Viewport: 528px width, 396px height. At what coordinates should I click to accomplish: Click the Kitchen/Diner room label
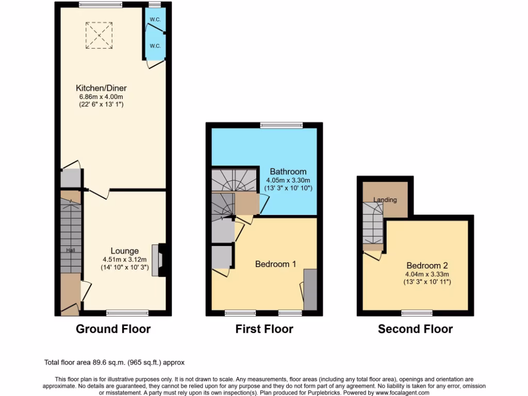pos(101,88)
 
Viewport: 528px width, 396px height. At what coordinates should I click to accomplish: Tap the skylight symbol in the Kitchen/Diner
pos(99,35)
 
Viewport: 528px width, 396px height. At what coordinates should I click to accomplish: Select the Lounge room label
pos(124,251)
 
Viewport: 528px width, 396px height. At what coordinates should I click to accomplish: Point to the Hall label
pos(70,250)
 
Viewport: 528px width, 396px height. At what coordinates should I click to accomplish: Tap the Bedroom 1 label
pos(275,264)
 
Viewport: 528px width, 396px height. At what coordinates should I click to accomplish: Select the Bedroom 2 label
pos(426,266)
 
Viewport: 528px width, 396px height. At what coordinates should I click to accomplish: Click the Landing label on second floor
pos(385,200)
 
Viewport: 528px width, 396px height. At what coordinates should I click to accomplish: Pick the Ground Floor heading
pos(113,329)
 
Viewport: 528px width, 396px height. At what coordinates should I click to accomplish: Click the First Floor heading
pos(264,329)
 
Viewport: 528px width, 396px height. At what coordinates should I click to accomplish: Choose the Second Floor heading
pos(415,329)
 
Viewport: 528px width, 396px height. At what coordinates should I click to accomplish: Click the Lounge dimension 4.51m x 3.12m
pos(124,259)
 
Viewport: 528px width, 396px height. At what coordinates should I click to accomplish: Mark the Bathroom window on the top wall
pos(281,125)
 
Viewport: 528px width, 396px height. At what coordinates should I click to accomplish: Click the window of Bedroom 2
pos(417,312)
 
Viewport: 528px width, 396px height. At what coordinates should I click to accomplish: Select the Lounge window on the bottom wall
pos(127,312)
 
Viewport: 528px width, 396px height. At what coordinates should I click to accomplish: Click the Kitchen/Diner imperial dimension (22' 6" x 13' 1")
pos(101,105)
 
